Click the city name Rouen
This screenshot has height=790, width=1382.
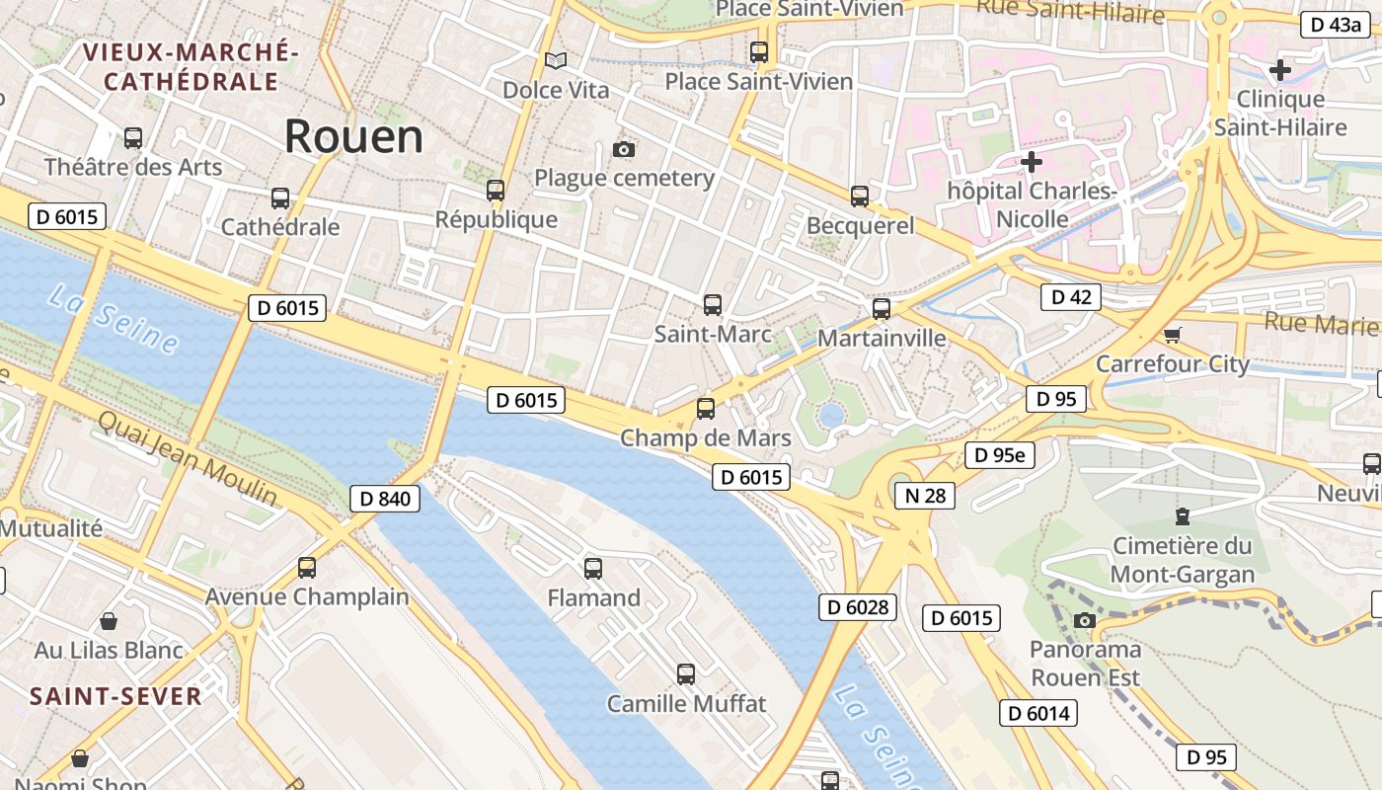[353, 136]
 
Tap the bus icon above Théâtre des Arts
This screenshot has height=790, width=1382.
[133, 138]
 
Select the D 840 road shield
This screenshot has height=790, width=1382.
[385, 499]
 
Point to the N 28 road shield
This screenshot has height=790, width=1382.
[925, 495]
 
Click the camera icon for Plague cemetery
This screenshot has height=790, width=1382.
[623, 150]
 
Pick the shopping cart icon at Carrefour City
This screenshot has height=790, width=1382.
[1172, 336]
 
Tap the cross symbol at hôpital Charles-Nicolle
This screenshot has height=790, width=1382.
[1032, 161]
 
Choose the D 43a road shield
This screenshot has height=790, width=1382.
[1335, 25]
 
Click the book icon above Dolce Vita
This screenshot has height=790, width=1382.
[556, 61]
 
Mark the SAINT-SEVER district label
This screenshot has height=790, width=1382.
[115, 696]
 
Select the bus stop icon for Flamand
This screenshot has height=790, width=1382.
[593, 569]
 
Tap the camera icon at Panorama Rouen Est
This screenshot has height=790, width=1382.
[1085, 620]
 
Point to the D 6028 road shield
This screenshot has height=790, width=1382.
[857, 606]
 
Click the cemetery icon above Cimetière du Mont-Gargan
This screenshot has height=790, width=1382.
[1182, 515]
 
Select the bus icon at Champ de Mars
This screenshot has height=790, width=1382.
[706, 409]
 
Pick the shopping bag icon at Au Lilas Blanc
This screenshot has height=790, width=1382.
[109, 621]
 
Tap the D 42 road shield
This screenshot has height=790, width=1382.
[1071, 296]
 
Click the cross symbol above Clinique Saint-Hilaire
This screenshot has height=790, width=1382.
[1280, 70]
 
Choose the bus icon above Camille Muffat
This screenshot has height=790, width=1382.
[686, 674]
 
